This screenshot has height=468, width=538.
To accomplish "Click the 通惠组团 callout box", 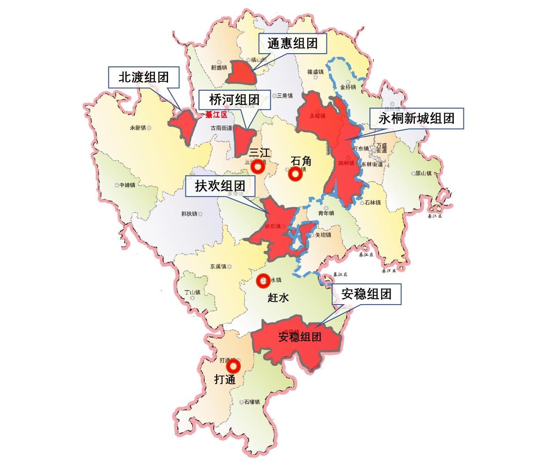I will click(x=293, y=45).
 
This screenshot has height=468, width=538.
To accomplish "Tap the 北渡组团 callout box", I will click(x=143, y=77).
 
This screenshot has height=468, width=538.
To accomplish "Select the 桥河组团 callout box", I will click(x=234, y=100).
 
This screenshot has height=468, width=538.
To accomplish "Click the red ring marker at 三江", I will click(x=258, y=168).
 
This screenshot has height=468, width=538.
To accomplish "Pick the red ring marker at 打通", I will click(x=234, y=366).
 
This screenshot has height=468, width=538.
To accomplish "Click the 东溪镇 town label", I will click(x=218, y=266).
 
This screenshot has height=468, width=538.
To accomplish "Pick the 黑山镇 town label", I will click(x=424, y=174).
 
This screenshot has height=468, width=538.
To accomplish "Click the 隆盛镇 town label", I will click(x=315, y=72).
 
